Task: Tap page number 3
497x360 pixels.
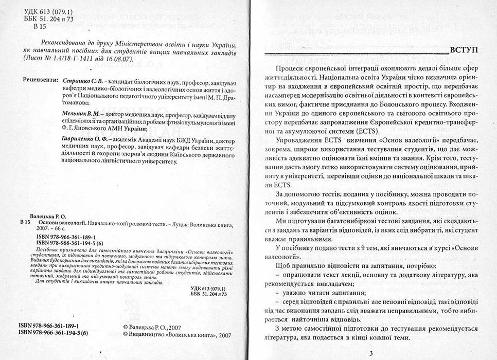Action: click(371, 353)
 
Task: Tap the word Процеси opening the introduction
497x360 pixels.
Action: click(290, 69)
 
